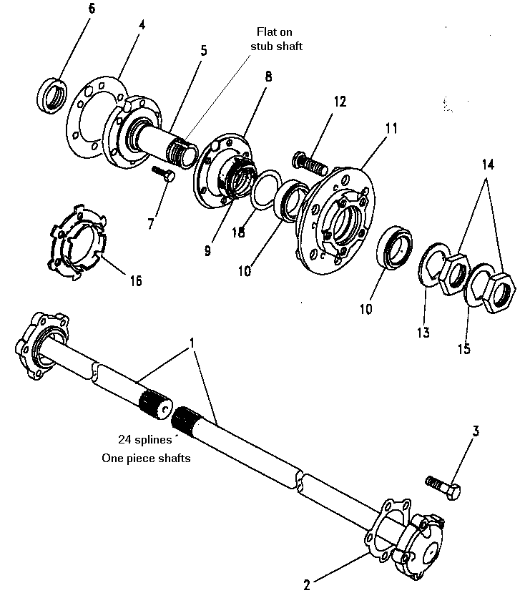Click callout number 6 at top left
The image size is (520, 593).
coord(92,9)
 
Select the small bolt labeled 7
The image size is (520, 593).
coord(163,174)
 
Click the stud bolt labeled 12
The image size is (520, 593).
coord(309,162)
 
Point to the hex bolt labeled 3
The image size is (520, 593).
coord(443,487)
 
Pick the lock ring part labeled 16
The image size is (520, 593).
coord(77,242)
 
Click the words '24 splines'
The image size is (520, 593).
coord(145,439)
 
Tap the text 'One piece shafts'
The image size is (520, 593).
coord(146,458)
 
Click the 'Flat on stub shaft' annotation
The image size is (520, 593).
coord(276,39)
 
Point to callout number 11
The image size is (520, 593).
coord(391,128)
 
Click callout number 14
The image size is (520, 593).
coord(488,165)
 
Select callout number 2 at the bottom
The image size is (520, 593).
coord(307,584)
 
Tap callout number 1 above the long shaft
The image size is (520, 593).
coord(192,343)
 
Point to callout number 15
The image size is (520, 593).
coord(464,348)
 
